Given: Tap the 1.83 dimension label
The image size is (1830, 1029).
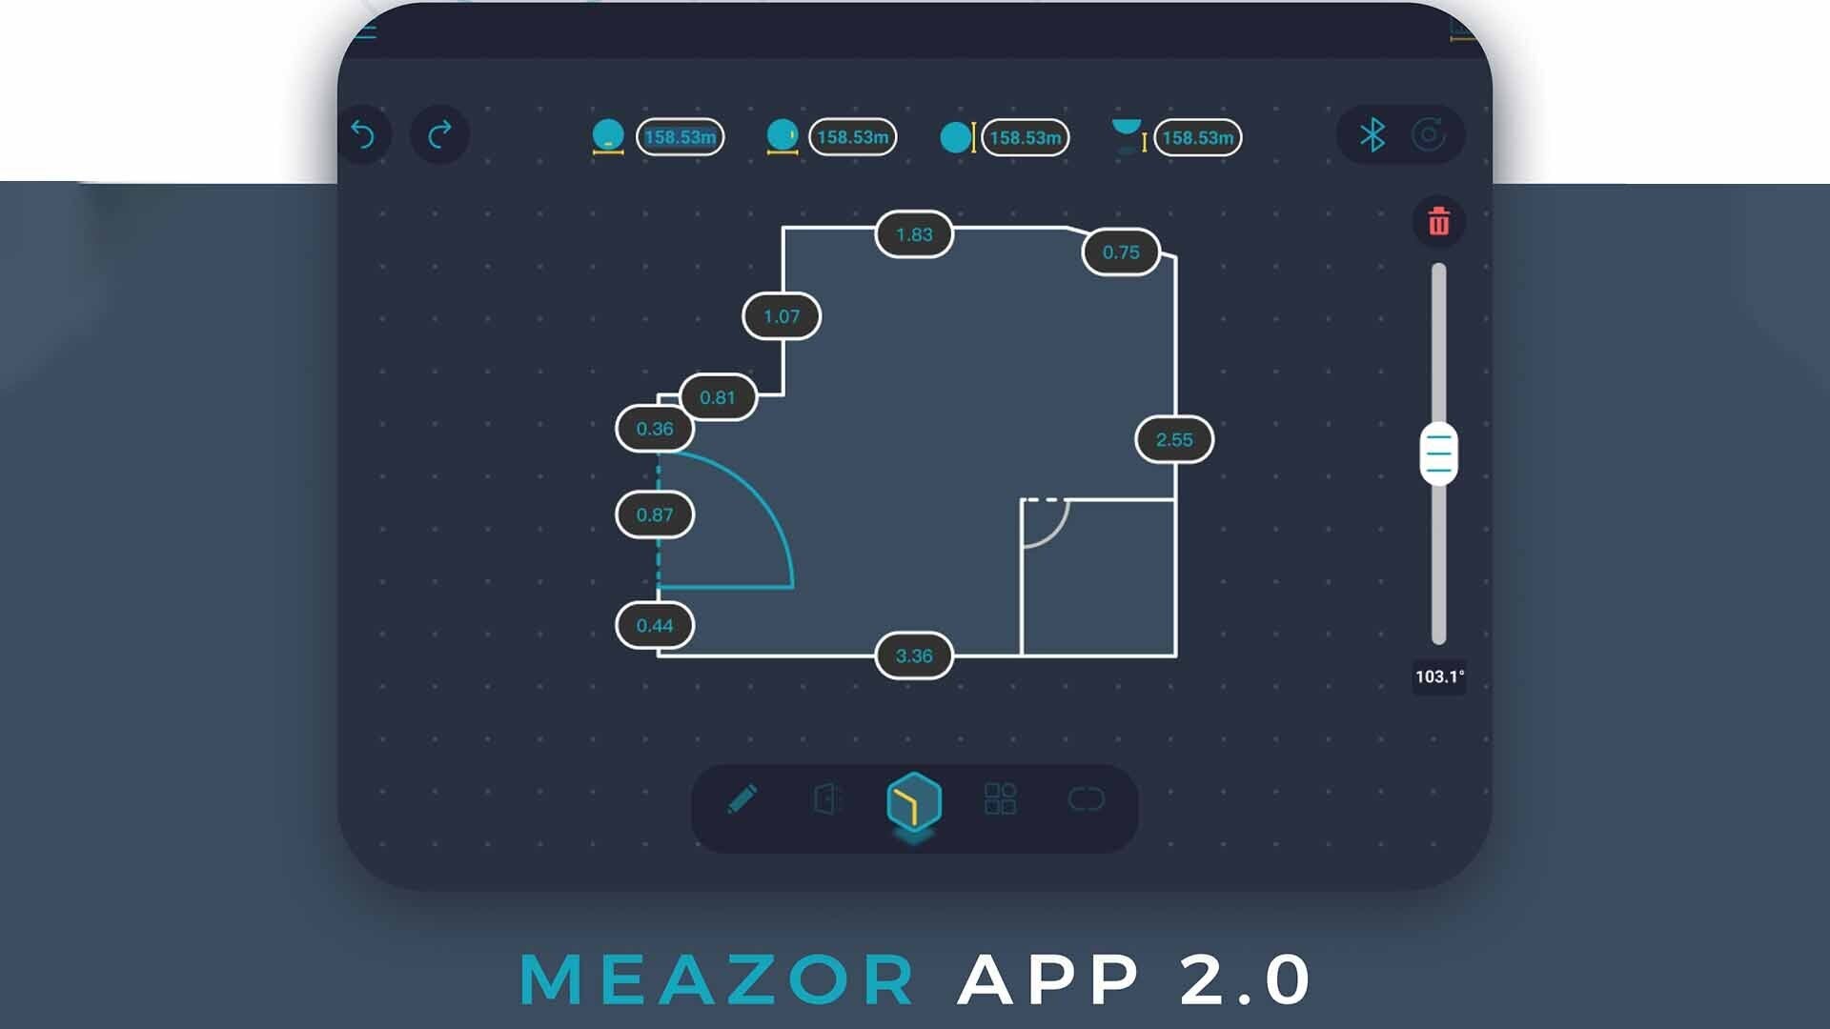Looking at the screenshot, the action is click(x=914, y=234).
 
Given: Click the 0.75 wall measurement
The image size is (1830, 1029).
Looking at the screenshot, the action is click(x=1121, y=252).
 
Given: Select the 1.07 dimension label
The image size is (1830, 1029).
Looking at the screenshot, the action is click(x=782, y=316).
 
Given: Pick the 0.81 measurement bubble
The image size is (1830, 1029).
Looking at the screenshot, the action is click(x=718, y=397).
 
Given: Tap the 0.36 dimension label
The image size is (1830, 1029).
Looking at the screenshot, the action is click(x=655, y=429).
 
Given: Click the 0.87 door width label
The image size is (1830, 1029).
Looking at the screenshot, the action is click(x=655, y=514).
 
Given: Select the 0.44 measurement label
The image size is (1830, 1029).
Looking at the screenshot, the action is click(x=655, y=626).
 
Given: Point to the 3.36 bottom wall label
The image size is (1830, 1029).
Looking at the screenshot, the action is click(x=914, y=656).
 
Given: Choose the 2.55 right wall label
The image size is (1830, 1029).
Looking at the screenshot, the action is click(x=1174, y=439).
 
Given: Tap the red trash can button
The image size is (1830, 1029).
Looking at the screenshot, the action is click(x=1439, y=222).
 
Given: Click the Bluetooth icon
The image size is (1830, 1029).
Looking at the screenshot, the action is click(x=1372, y=135).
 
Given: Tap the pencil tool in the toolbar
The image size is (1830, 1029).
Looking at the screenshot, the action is click(x=742, y=798).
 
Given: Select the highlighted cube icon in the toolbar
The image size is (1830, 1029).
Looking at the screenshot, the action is click(x=914, y=801).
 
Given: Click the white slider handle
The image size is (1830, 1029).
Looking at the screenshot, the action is click(x=1438, y=454).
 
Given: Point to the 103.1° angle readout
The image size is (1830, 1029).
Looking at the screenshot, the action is click(x=1439, y=676).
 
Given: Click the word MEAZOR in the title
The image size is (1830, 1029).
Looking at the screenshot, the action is click(x=717, y=979).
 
